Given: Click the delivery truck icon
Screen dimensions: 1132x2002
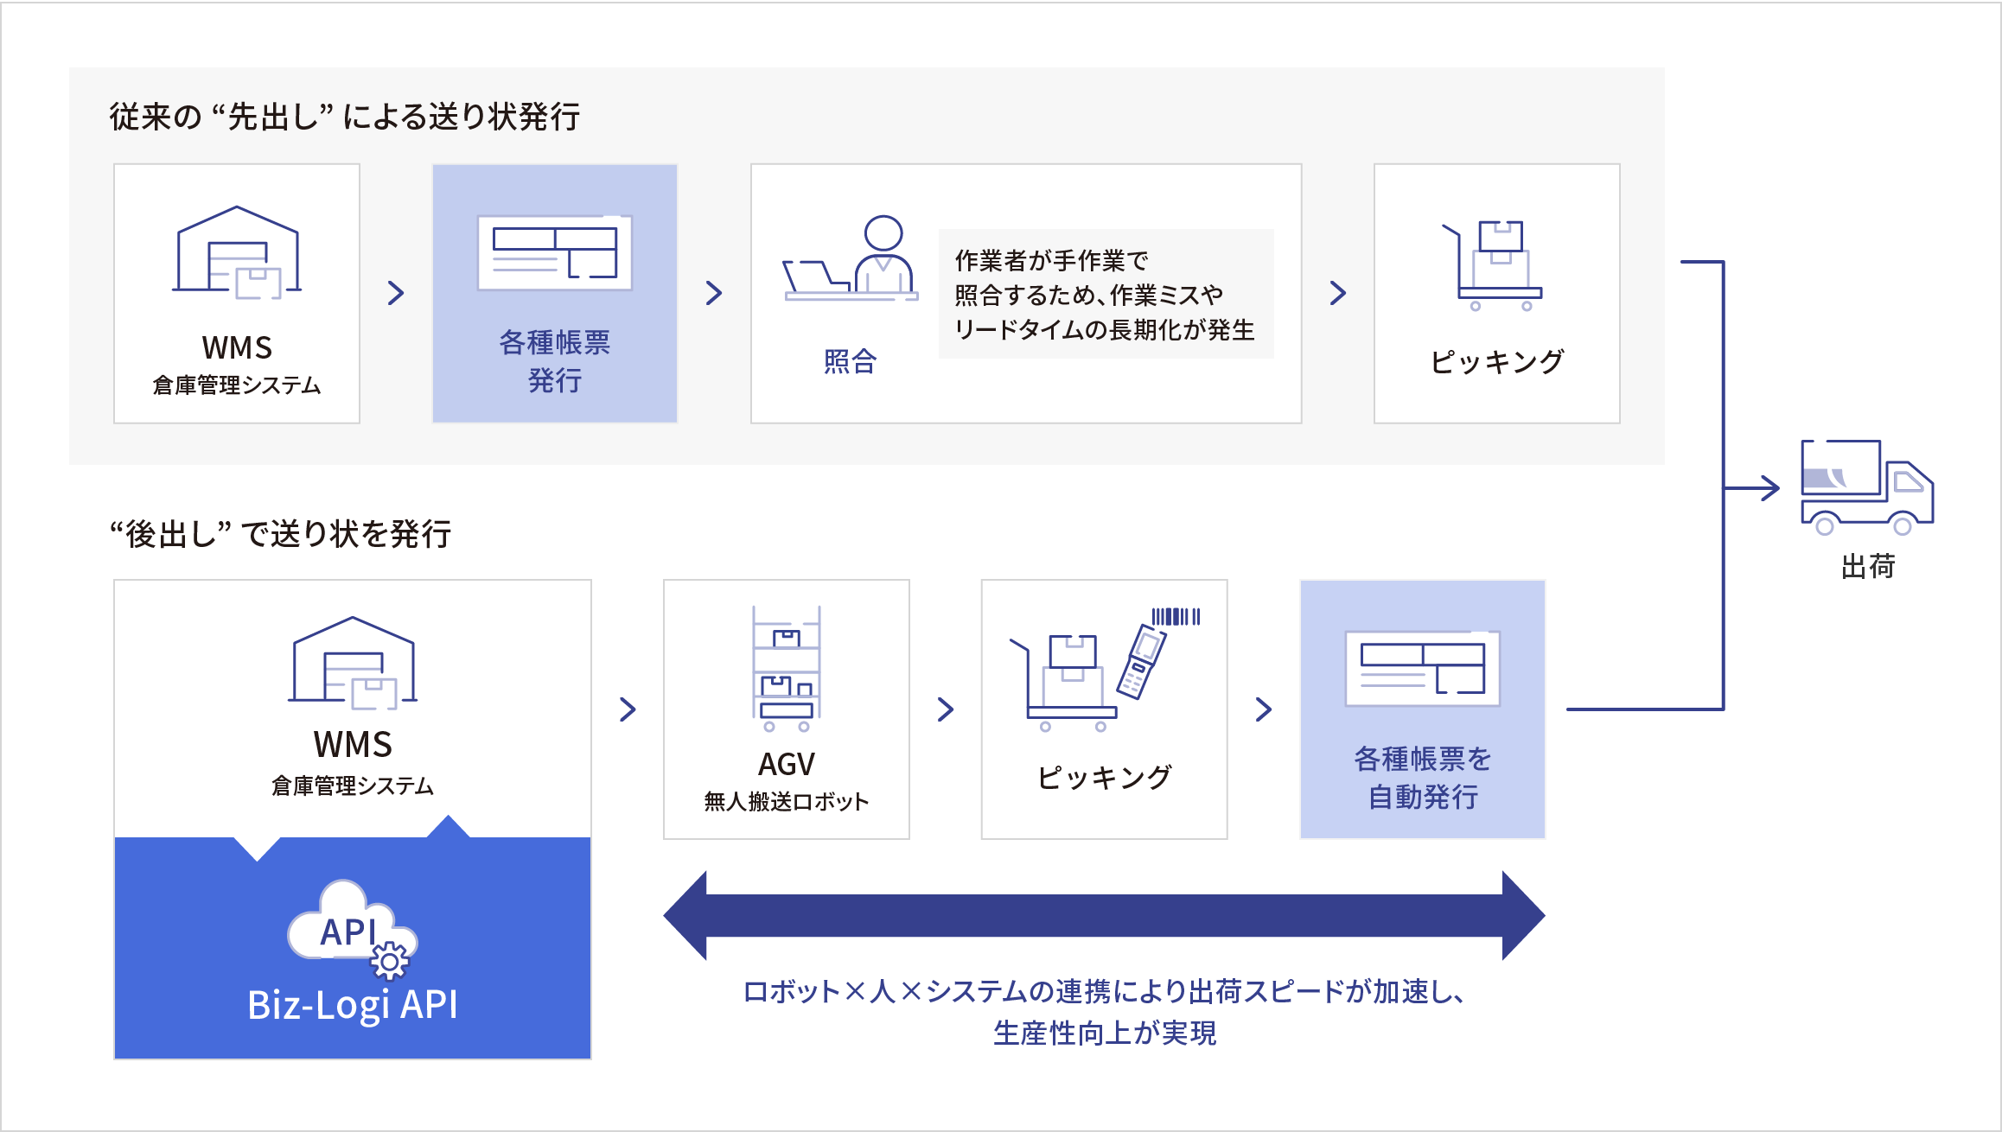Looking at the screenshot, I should pos(1866,487).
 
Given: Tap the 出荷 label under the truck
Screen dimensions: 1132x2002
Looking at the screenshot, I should pos(1867,567).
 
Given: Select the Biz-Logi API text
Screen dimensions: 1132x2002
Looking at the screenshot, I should pos(352,1005).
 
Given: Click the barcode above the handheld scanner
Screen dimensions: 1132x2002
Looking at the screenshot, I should pos(1176,616).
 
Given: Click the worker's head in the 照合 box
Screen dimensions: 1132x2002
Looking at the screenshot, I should pos(883,232).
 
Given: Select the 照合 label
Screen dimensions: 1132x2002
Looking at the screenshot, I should pos(850,361).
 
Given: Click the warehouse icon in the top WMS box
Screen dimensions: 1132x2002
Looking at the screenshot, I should pos(237,252).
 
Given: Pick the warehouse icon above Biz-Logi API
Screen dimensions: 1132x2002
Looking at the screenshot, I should pos(352,662).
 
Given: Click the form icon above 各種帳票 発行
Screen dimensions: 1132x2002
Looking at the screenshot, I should pos(554,252).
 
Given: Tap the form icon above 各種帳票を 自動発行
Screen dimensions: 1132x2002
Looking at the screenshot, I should pos(1422,668).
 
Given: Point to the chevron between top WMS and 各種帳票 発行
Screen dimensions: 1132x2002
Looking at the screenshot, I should pos(396,293).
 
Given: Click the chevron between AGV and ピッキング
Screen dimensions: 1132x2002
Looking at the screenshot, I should pos(946,709).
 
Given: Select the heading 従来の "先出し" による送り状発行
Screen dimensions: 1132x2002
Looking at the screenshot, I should pos(344,117).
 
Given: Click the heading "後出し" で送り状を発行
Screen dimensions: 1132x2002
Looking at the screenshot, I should pos(280,534).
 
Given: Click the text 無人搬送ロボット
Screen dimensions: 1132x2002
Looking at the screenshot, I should pos(786,802).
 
